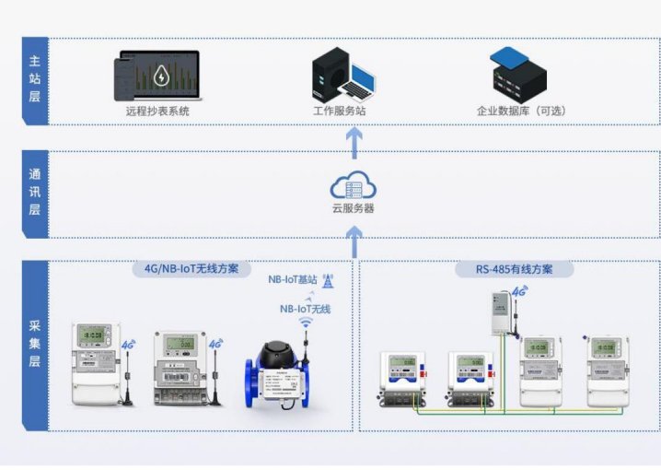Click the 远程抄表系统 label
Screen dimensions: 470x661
[157, 111]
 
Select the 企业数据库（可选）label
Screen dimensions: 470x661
[521, 111]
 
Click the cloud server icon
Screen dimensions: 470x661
[354, 187]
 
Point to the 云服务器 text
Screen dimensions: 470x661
[354, 208]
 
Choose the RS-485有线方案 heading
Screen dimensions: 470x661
[516, 270]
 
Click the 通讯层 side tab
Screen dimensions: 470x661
[34, 194]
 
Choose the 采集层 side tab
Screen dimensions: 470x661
[34, 346]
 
